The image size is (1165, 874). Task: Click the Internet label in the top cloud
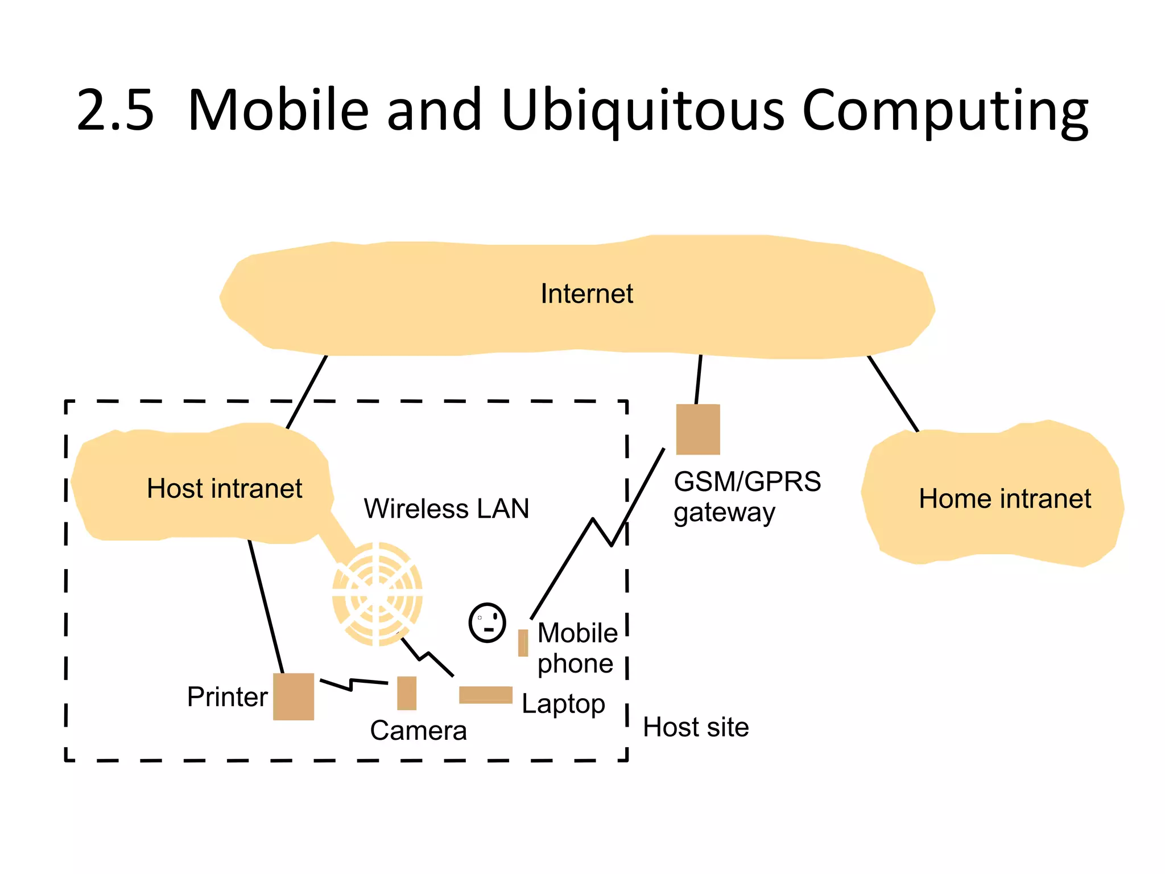(x=586, y=294)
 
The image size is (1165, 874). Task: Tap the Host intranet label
(x=224, y=489)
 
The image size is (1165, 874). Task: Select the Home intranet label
(x=1005, y=499)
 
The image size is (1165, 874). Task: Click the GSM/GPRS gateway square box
(x=698, y=430)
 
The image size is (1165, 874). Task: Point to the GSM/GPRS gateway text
(x=746, y=497)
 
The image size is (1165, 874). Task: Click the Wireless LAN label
(x=447, y=509)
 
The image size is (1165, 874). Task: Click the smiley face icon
(x=487, y=622)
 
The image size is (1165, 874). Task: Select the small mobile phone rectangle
(x=523, y=643)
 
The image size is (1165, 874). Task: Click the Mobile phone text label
(x=577, y=648)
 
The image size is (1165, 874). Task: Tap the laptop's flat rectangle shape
(x=485, y=695)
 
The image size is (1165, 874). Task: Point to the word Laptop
(x=563, y=704)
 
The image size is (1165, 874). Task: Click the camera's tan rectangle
(x=406, y=693)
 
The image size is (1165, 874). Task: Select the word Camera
(x=418, y=731)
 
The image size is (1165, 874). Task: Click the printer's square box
(x=294, y=696)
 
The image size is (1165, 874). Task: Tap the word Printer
(x=227, y=697)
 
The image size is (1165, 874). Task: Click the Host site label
(x=696, y=728)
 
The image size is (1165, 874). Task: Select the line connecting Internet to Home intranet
(x=893, y=394)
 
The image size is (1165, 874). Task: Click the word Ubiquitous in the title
(x=643, y=110)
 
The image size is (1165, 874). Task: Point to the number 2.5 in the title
(x=115, y=110)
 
